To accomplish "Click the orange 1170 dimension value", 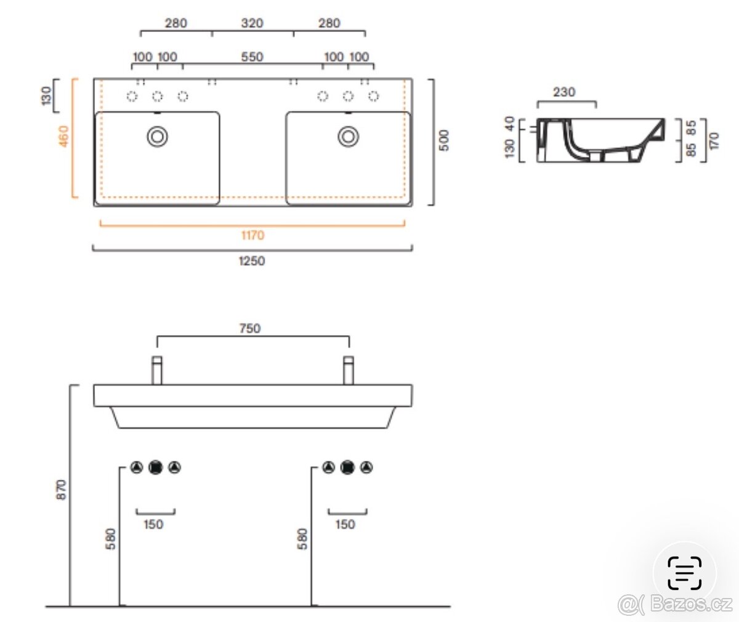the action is tap(252, 235).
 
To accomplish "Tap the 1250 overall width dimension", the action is tap(252, 261).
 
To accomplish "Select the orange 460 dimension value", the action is tap(63, 136).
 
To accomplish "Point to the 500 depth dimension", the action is tap(444, 140).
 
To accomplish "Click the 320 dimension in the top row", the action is tap(252, 23).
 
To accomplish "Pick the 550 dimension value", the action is tap(252, 57).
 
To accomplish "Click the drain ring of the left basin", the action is tap(158, 137).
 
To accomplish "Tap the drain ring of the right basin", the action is tap(349, 137).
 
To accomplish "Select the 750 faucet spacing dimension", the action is tap(250, 328).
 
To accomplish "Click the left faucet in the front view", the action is tap(157, 370).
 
